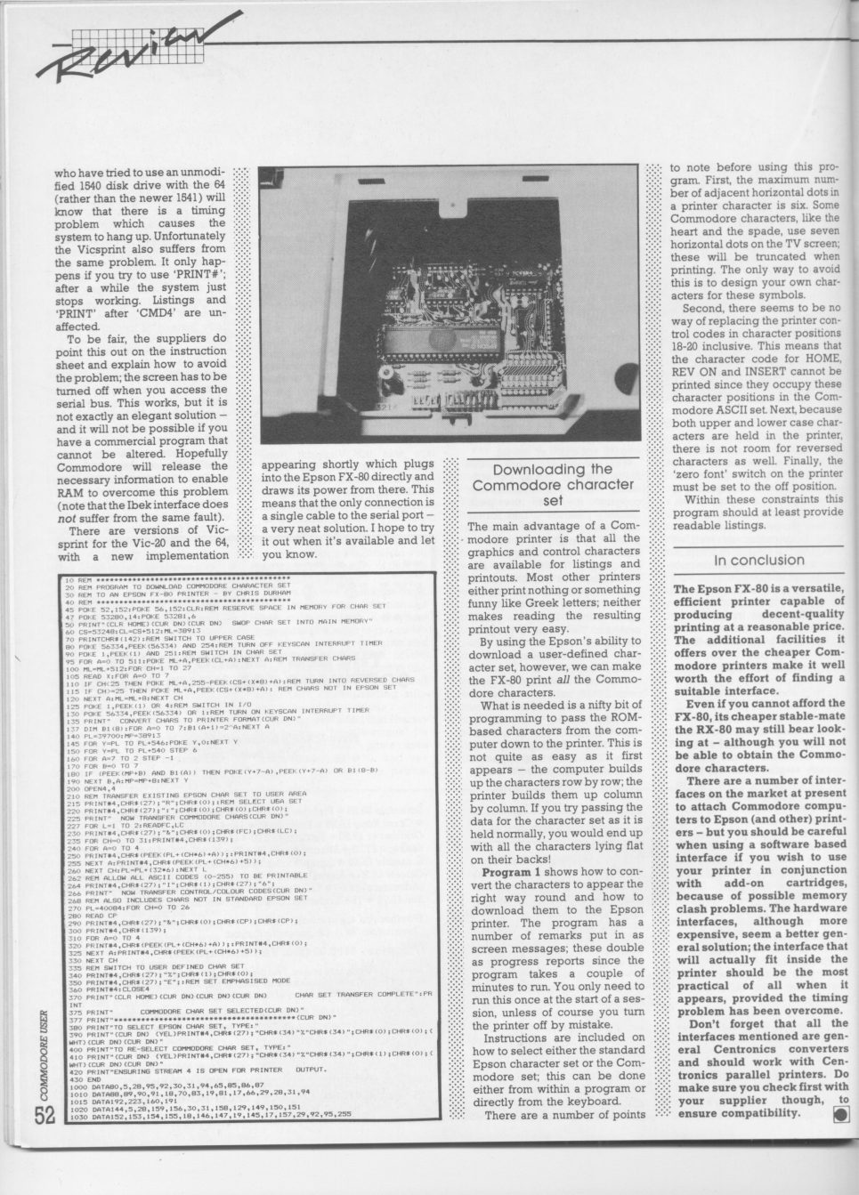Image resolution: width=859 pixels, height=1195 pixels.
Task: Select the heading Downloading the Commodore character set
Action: point(552,485)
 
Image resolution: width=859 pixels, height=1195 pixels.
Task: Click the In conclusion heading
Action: point(758,560)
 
